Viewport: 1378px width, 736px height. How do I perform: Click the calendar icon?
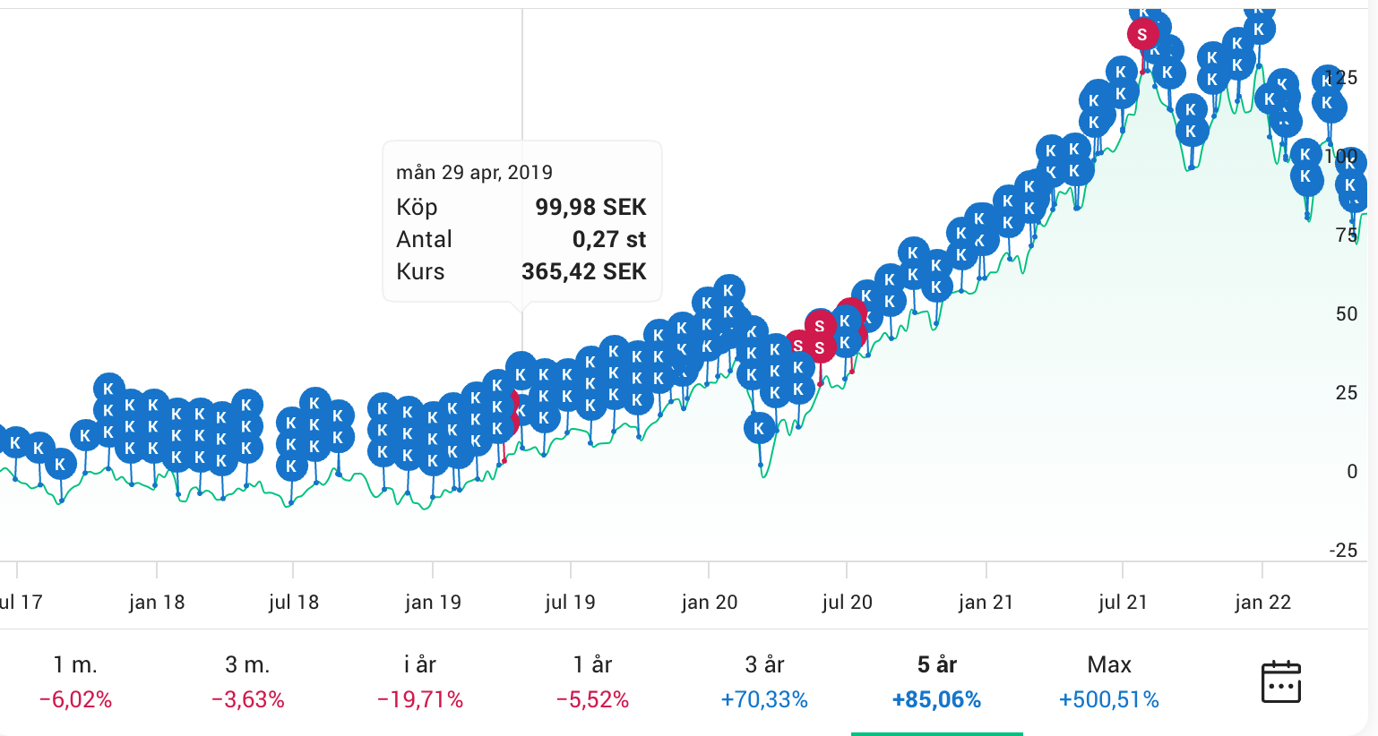coord(1280,682)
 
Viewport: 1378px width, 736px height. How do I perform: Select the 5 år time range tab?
coord(937,665)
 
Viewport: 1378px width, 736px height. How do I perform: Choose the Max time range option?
coord(1109,665)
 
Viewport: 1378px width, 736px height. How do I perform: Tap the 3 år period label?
coord(764,665)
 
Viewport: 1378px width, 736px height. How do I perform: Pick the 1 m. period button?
coord(75,665)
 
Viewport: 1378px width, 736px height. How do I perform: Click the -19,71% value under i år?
coord(420,699)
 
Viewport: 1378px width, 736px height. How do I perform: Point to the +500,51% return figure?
coord(1109,699)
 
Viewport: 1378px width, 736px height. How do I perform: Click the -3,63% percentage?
coord(248,699)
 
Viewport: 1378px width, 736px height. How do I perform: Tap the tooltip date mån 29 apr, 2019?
coord(474,172)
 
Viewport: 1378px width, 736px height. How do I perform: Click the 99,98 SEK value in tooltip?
coord(590,207)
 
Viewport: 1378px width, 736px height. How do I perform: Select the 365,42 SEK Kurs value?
coord(583,271)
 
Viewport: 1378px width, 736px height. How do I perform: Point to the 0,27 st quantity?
coord(609,239)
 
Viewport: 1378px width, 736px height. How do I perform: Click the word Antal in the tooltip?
coord(424,239)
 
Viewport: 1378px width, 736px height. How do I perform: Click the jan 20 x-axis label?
coord(709,603)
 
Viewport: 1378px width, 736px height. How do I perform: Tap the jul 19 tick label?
coord(570,603)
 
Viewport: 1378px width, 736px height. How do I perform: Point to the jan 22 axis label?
coord(1262,603)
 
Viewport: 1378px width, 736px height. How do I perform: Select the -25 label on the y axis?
coord(1343,550)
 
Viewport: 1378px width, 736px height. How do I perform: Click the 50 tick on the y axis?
coord(1346,313)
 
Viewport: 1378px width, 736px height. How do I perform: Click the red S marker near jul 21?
coord(1142,35)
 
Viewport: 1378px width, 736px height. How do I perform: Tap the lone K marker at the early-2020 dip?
coord(759,428)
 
